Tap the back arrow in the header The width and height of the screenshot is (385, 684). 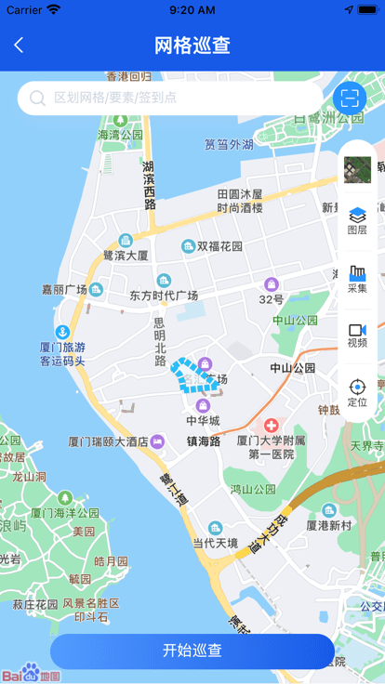coord(19,45)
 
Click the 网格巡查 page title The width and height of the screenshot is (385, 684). coord(192,45)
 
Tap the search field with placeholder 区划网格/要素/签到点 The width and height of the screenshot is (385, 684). coord(172,98)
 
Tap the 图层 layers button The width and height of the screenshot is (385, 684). coord(357,221)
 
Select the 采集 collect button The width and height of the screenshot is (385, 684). coord(357,279)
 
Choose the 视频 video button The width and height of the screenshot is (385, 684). coord(357,335)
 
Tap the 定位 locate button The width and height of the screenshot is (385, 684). coord(357,393)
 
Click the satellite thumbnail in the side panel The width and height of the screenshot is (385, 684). coord(357,169)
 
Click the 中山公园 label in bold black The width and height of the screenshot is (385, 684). coord(293,368)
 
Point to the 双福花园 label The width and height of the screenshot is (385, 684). coord(219,246)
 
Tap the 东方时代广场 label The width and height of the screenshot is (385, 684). coord(164,296)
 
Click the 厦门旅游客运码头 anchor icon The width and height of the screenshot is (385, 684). coord(62,332)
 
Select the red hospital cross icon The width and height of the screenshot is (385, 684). coord(271,424)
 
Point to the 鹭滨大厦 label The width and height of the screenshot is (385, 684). coord(126,255)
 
